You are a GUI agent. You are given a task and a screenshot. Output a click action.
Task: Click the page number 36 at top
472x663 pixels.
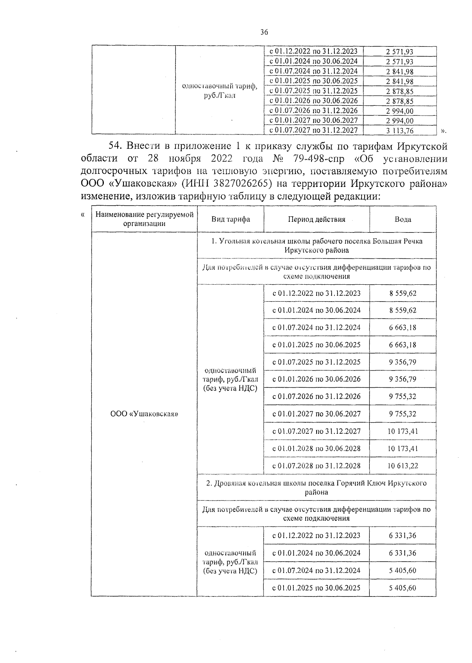[x=264, y=33]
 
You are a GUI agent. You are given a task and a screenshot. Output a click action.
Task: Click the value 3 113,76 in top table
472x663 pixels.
[x=400, y=131]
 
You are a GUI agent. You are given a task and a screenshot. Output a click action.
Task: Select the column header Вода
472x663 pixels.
[x=403, y=219]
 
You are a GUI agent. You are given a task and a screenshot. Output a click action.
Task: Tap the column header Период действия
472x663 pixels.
[x=316, y=219]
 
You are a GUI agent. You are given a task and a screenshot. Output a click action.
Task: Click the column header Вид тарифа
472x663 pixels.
[x=230, y=219]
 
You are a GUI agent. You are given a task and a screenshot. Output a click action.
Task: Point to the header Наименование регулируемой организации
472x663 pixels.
[x=144, y=219]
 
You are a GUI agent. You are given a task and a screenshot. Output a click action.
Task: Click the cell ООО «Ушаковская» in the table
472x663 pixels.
[x=144, y=414]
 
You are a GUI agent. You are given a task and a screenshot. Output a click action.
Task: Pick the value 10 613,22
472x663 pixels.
[x=403, y=466]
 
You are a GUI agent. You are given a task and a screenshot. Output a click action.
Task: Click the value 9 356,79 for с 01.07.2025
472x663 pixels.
[x=403, y=362]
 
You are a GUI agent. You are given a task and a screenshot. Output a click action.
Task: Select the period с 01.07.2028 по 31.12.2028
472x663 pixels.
[x=316, y=466]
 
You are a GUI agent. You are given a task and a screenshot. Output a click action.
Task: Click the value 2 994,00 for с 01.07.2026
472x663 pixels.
[x=400, y=111]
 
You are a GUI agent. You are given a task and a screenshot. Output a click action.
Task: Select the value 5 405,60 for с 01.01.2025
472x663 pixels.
[x=403, y=588]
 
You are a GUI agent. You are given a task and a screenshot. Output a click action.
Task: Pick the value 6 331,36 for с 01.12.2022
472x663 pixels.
[x=403, y=536]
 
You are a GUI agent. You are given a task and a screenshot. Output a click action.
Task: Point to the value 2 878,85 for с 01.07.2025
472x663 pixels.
[x=400, y=91]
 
